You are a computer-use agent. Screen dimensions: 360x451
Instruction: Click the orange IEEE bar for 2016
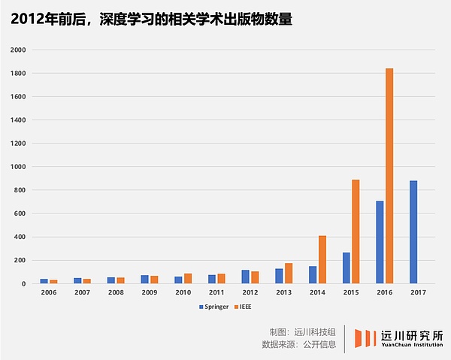[389, 176]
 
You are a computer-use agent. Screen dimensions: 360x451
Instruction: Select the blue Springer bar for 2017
[413, 231]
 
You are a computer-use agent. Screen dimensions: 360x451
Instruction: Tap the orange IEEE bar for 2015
[356, 231]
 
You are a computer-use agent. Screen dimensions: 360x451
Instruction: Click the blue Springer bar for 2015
[346, 268]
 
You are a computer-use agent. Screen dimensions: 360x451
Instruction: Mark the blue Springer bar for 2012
[245, 277]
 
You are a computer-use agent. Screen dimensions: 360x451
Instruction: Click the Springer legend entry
[213, 306]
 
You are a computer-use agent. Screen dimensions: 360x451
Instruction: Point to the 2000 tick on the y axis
[18, 50]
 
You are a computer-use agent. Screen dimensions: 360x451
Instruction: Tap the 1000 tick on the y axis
[18, 167]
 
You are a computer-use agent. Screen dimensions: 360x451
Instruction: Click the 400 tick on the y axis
[20, 237]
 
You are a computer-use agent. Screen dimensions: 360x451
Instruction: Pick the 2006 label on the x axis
[48, 292]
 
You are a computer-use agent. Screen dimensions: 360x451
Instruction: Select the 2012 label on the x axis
[250, 292]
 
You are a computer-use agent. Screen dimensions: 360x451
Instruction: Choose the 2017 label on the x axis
[418, 292]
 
